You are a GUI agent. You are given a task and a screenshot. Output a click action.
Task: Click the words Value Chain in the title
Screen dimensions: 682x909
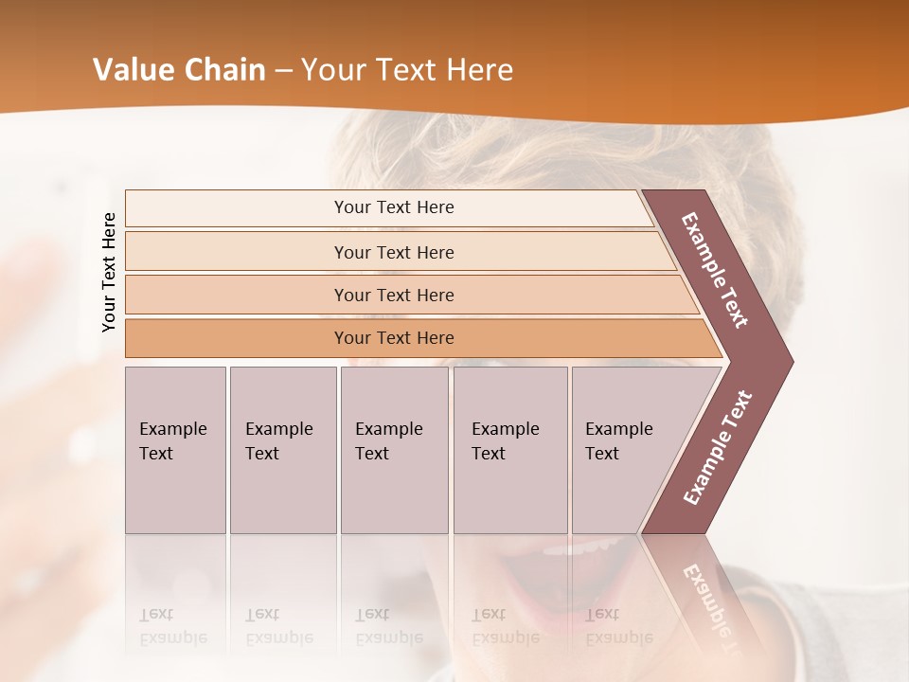click(x=179, y=70)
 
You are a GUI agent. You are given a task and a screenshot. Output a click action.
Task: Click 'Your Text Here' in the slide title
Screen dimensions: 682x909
click(x=407, y=70)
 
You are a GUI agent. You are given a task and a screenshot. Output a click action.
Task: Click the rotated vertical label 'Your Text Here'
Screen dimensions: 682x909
click(x=109, y=272)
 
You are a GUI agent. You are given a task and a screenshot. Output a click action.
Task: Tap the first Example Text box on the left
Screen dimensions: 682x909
click(x=175, y=450)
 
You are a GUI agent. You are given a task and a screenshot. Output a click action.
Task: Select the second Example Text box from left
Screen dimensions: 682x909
click(x=283, y=450)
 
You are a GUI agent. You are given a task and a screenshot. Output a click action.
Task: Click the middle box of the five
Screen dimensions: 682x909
click(x=394, y=450)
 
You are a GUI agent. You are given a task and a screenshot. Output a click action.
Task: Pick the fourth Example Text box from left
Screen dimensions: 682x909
click(x=510, y=450)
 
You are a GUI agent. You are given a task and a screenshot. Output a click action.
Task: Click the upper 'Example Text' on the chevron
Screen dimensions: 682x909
click(x=715, y=270)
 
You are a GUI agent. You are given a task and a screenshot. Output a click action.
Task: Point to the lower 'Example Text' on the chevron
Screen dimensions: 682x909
click(x=718, y=448)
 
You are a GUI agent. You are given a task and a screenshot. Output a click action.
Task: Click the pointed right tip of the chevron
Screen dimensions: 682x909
click(x=789, y=361)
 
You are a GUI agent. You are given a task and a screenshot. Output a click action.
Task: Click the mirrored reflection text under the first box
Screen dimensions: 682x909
click(x=172, y=626)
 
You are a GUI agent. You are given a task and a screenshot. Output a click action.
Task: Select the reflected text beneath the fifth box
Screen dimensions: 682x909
click(x=618, y=626)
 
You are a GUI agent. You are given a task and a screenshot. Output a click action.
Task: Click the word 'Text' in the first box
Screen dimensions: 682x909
click(x=156, y=454)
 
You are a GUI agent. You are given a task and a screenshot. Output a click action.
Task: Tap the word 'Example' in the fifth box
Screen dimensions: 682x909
click(x=619, y=429)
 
